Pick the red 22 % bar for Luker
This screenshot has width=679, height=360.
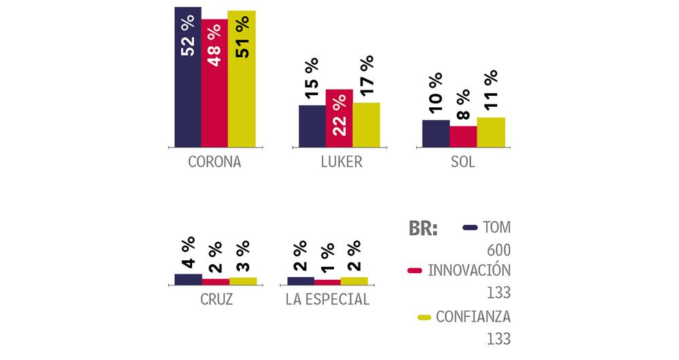click(x=339, y=118)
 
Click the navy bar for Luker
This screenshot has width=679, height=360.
click(x=312, y=126)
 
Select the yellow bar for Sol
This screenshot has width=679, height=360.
click(x=491, y=132)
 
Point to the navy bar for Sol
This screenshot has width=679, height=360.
click(x=436, y=133)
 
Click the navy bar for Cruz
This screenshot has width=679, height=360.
click(x=188, y=278)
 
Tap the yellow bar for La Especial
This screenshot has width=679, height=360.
click(x=354, y=280)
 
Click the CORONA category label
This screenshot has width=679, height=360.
click(x=214, y=163)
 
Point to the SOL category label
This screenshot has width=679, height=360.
click(x=463, y=163)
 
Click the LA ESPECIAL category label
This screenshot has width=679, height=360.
click(x=328, y=300)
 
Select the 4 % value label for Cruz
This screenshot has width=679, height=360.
click(x=188, y=252)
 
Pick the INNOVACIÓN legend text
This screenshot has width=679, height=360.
click(x=469, y=270)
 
